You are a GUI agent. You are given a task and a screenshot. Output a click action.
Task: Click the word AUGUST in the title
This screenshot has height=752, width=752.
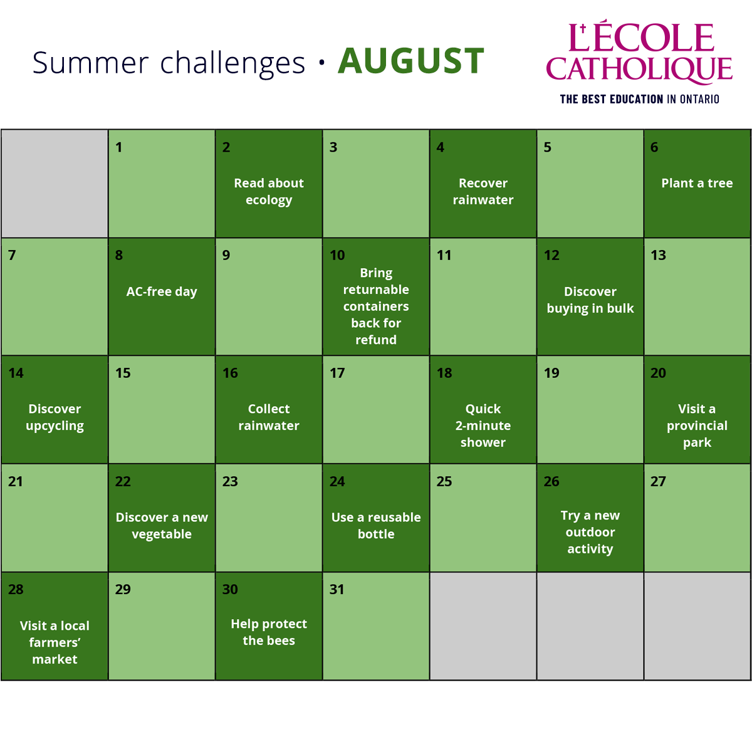click(x=411, y=61)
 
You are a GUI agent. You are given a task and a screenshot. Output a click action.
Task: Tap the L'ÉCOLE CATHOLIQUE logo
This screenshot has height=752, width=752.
click(x=639, y=51)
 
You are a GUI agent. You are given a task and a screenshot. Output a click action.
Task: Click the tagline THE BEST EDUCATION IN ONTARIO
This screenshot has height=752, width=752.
click(x=640, y=99)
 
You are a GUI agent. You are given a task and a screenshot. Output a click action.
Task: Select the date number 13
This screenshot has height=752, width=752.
click(x=659, y=255)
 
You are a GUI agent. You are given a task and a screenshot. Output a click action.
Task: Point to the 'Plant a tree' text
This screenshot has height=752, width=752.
click(x=697, y=183)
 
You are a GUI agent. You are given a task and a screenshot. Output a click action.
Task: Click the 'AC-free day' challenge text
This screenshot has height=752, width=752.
click(x=162, y=292)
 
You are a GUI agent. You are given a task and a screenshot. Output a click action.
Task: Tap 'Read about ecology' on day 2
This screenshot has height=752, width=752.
click(x=269, y=191)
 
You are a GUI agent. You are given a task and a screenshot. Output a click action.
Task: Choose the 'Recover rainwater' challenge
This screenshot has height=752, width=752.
click(x=483, y=191)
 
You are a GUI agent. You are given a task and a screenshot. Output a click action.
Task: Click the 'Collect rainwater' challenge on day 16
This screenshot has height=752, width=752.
click(x=269, y=417)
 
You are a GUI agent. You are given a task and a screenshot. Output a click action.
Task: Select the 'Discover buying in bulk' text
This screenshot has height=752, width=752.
click(x=590, y=300)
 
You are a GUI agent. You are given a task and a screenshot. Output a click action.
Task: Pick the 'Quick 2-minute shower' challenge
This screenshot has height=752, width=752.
click(x=483, y=426)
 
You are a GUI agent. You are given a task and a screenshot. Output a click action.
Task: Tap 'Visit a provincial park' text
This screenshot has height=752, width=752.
click(x=697, y=426)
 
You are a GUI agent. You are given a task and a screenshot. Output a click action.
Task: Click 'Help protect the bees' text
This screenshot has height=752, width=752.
click(x=269, y=632)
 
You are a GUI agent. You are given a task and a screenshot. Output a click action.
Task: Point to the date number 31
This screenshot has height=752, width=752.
click(x=337, y=589)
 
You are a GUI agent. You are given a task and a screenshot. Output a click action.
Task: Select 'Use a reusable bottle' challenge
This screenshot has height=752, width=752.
click(x=376, y=525)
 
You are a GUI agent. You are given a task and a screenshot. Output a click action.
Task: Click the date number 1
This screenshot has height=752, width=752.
click(x=119, y=147)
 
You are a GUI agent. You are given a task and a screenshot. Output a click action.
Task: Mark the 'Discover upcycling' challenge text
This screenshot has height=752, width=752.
click(x=55, y=417)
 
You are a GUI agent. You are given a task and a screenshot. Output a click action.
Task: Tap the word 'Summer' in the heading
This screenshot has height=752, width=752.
click(x=90, y=63)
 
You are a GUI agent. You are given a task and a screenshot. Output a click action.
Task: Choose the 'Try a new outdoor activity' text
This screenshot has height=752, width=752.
click(x=590, y=532)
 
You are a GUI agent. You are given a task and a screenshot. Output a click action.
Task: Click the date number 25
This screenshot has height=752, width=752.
click(x=444, y=481)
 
